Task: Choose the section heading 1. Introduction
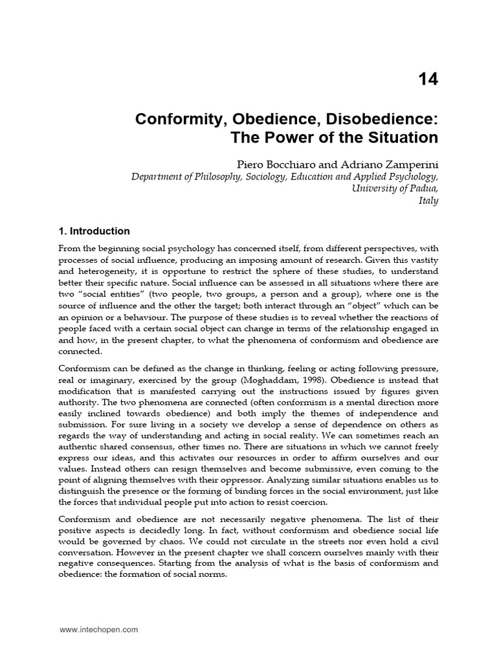[x=94, y=231]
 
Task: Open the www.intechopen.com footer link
[x=98, y=629]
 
